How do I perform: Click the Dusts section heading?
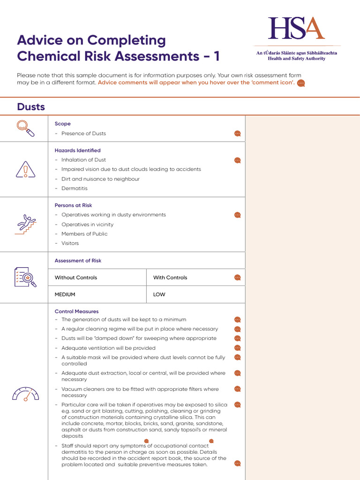[31, 107]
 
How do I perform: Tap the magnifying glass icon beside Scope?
[25, 128]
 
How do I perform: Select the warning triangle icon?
[25, 169]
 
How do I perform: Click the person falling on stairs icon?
[25, 225]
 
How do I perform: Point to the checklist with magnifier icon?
[25, 277]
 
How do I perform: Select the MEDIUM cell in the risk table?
[65, 294]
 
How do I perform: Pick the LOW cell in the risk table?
[159, 294]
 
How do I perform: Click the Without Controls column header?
[76, 277]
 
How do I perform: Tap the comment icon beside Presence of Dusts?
[238, 134]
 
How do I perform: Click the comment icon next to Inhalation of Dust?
[238, 160]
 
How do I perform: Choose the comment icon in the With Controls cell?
[238, 277]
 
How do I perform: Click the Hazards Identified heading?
[77, 150]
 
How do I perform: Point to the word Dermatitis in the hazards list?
[75, 188]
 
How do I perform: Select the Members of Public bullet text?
[84, 234]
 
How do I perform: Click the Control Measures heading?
[76, 311]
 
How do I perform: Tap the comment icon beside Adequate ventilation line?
[238, 348]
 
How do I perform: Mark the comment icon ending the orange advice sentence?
[301, 83]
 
